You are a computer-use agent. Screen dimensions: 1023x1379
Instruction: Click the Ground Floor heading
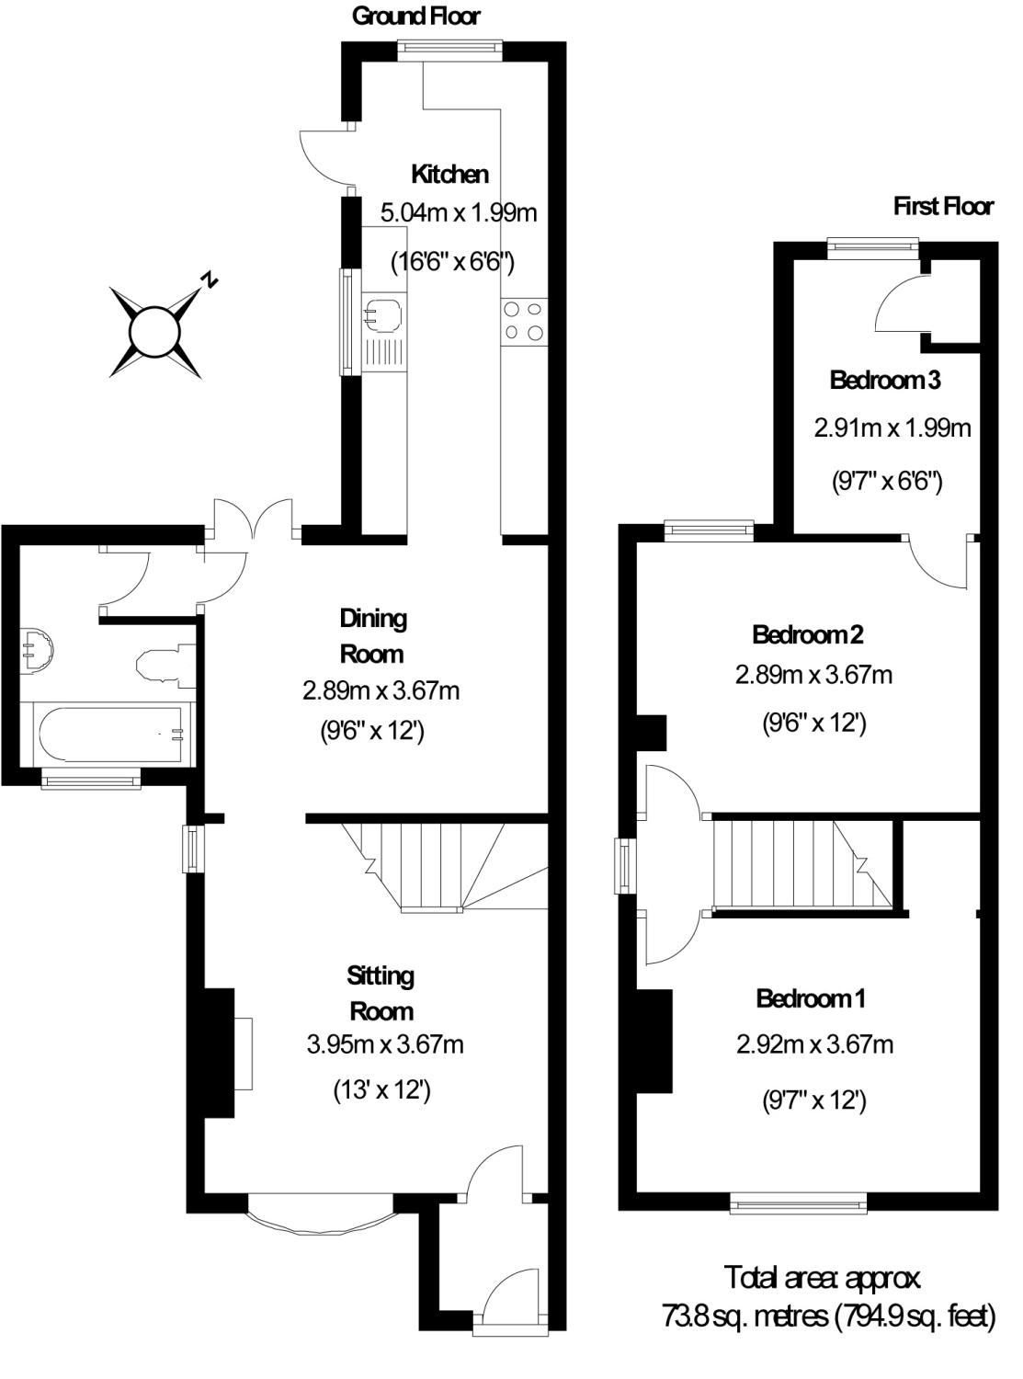(x=415, y=17)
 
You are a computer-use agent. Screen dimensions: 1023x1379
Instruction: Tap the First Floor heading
(x=943, y=207)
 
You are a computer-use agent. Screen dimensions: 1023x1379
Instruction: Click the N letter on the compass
(x=210, y=280)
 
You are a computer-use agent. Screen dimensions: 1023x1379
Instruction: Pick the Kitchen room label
(x=449, y=175)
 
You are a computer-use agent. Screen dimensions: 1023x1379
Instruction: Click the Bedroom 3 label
(x=885, y=380)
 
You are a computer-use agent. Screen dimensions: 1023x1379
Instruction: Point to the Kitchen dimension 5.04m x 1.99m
(x=459, y=212)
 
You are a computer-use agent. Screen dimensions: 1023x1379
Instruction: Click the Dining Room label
(x=372, y=636)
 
